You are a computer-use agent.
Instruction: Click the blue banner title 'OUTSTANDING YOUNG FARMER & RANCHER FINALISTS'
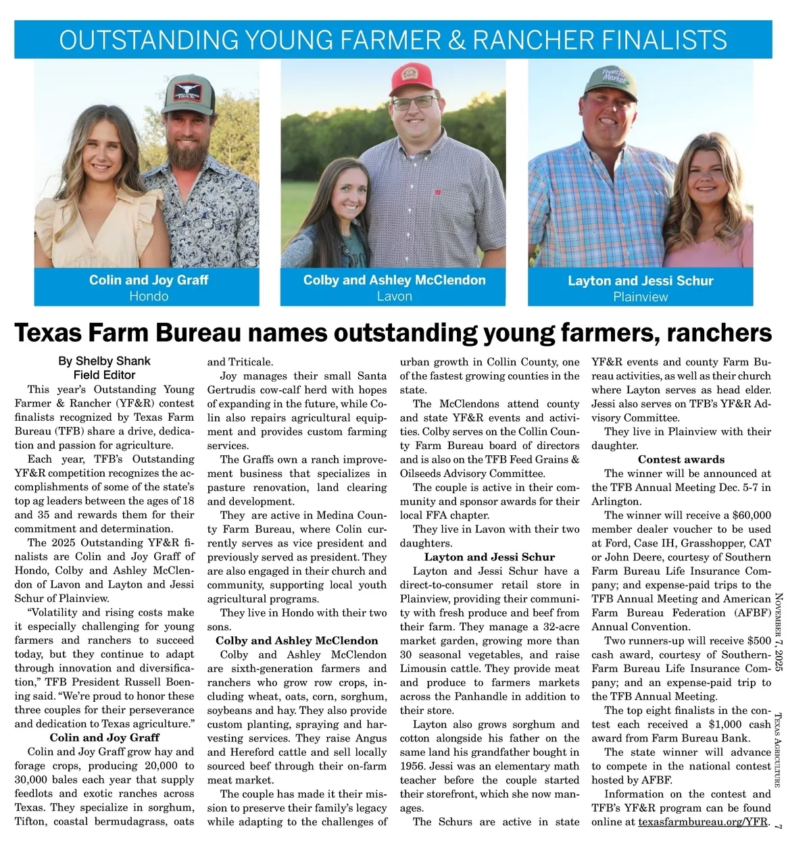tap(393, 40)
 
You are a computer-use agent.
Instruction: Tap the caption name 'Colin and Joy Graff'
tap(149, 280)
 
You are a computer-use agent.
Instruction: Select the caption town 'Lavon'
tap(394, 296)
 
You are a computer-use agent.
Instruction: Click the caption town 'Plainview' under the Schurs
tap(640, 297)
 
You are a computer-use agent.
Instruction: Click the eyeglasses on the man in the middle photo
tap(414, 103)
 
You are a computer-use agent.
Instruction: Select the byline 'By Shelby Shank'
tap(104, 361)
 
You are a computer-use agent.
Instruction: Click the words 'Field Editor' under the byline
tap(104, 375)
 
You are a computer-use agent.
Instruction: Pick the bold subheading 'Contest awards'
tap(681, 459)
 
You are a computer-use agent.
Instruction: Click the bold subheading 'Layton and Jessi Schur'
tap(489, 557)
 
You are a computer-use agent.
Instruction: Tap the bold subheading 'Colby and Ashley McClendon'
tap(297, 640)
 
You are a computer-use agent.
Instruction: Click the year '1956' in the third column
tap(413, 767)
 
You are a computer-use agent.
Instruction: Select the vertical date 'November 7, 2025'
tap(778, 632)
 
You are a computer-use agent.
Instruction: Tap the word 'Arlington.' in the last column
tap(616, 501)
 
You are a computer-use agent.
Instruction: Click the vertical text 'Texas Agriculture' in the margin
tap(778, 750)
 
